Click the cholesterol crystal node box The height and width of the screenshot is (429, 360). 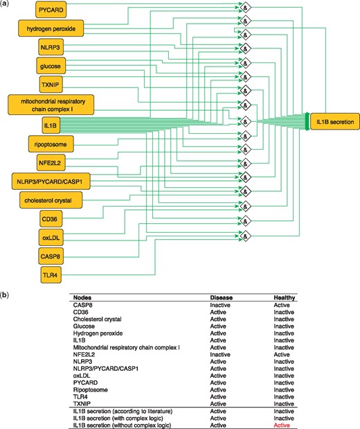point(51,200)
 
